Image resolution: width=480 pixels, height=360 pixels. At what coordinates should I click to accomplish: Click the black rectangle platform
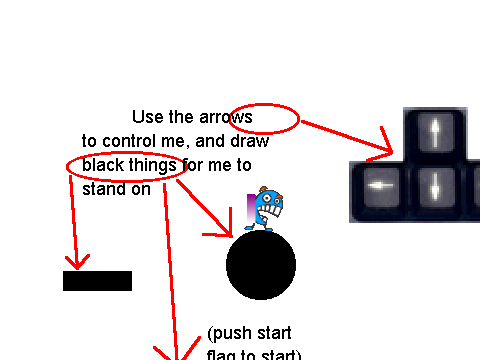coord(97,281)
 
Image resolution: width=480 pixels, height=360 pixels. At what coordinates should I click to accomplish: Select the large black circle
coord(261,265)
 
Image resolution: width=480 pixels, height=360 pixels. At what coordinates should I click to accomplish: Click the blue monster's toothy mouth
coord(270,211)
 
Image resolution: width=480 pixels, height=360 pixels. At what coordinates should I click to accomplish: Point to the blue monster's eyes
coord(271,199)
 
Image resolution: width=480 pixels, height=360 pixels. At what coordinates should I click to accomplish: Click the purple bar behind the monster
coord(251,207)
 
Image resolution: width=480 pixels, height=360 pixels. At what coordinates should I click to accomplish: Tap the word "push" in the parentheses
coord(231,333)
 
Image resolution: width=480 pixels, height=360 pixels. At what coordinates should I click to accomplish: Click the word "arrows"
coord(226,117)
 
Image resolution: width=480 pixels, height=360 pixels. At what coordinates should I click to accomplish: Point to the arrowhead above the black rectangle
coord(77,262)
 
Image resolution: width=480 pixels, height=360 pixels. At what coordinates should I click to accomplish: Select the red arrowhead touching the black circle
coord(223,227)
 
